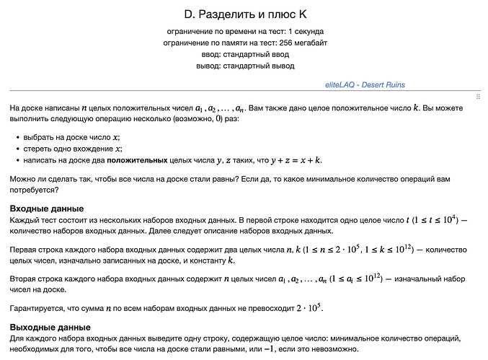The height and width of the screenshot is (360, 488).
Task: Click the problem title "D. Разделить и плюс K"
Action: (x=244, y=14)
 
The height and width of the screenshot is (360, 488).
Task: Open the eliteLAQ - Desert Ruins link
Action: (x=365, y=84)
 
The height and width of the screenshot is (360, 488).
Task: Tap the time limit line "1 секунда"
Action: (x=244, y=32)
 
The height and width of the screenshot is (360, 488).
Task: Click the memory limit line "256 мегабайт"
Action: (x=244, y=43)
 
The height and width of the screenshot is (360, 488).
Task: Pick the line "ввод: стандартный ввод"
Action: (x=244, y=54)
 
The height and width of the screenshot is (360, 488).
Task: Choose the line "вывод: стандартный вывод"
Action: (x=244, y=66)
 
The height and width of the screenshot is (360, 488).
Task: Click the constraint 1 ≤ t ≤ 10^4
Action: (x=431, y=219)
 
